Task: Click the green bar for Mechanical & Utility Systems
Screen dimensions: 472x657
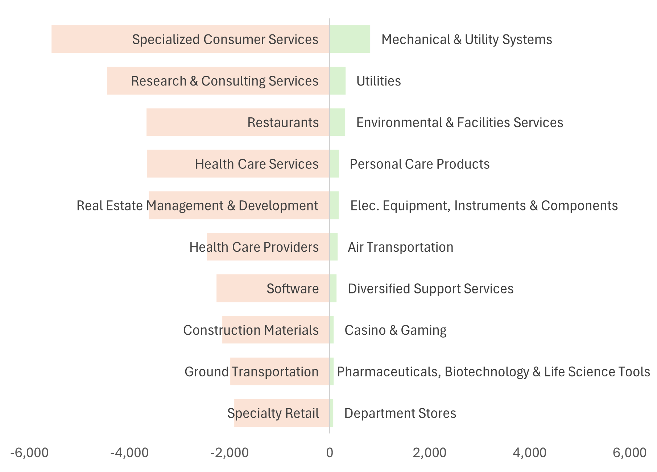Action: (x=350, y=39)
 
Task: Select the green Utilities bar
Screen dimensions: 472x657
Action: (x=338, y=81)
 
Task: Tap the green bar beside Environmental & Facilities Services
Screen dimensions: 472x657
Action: (x=338, y=122)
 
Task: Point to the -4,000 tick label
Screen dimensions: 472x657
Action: (x=129, y=453)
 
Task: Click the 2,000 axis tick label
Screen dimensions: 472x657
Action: (x=430, y=453)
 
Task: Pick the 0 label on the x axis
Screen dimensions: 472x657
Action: (x=330, y=453)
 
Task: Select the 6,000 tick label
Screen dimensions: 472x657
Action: (x=630, y=453)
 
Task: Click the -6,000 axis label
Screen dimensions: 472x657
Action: (x=29, y=453)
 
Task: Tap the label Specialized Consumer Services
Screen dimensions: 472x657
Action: (x=225, y=39)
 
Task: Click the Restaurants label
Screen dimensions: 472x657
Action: (x=283, y=122)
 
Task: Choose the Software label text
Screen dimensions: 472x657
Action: (x=293, y=289)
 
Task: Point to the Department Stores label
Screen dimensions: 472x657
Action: (x=400, y=413)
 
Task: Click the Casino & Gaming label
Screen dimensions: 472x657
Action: (x=396, y=330)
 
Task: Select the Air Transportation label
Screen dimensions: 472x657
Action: (x=401, y=247)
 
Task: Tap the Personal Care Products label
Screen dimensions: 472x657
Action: (x=420, y=164)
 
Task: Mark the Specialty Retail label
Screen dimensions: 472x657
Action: (x=273, y=413)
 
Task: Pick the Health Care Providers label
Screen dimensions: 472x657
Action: (x=254, y=247)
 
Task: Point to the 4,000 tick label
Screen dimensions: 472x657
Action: (x=530, y=453)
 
